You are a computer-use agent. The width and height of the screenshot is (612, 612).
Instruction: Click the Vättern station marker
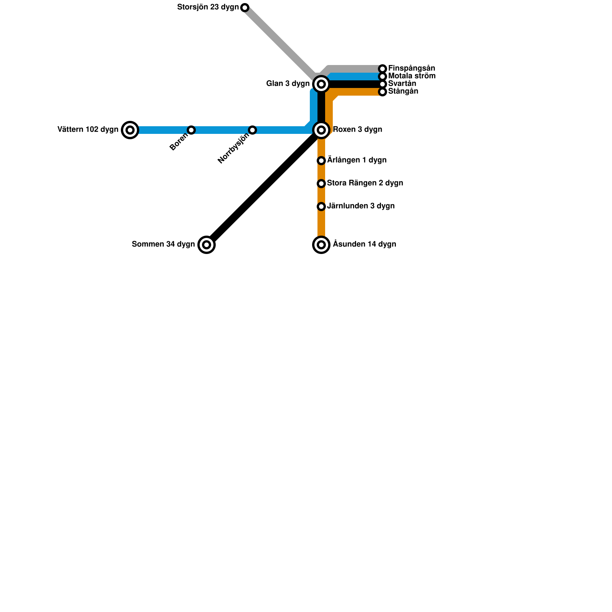pos(130,130)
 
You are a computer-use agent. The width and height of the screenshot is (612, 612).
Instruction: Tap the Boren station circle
pos(191,130)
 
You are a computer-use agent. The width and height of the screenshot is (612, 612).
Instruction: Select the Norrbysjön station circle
pos(252,130)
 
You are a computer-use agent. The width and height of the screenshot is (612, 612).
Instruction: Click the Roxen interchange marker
pos(321,130)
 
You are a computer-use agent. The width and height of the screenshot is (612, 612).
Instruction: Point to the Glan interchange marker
pos(321,84)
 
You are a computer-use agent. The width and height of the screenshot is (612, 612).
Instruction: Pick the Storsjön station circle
pos(245,8)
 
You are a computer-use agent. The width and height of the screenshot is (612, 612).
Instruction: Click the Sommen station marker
pos(207,245)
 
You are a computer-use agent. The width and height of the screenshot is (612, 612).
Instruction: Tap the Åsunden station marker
pos(321,245)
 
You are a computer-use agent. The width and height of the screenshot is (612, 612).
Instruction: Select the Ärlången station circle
pos(321,161)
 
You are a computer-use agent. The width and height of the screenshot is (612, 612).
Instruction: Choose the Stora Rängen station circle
pos(321,184)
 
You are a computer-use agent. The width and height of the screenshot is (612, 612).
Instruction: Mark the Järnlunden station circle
pos(321,207)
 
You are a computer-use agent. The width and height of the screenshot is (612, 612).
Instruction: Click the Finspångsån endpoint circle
pos(382,69)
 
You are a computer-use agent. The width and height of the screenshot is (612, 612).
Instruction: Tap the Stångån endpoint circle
pos(382,92)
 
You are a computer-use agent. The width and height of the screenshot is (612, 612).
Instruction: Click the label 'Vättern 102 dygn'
pos(88,130)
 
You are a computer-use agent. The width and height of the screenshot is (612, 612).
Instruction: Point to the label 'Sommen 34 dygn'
pos(163,244)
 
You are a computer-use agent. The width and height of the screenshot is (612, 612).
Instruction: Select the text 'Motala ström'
pos(412,76)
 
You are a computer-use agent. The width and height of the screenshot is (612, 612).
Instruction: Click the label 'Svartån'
pos(402,84)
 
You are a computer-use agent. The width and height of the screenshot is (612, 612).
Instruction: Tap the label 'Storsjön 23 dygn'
pos(208,7)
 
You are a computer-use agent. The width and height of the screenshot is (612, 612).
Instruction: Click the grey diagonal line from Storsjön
pos(279,42)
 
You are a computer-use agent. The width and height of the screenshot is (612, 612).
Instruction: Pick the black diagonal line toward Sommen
pos(264,187)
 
